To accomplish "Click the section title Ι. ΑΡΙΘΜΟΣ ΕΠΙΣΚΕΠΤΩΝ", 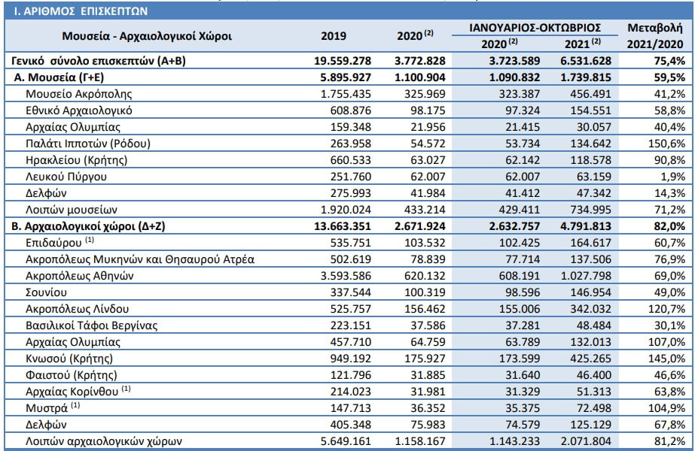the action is pos(81,11).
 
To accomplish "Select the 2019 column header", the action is pos(334,36).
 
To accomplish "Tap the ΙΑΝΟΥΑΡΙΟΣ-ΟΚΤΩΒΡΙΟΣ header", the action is pos(535,28).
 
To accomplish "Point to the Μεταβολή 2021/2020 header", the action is pos(655,35).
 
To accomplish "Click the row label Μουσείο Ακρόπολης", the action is pos(79,94).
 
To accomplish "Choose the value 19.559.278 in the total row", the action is pos(343,61).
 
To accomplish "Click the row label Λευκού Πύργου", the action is pos(66,177).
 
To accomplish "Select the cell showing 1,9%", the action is pos(672,177).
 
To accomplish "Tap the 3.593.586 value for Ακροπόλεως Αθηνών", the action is pos(346,276).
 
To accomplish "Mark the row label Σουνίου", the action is pos(46,292).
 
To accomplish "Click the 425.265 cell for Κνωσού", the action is pos(591,359).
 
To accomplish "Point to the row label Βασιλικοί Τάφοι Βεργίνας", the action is pos(92,325).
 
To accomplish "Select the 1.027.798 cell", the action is pos(586,276).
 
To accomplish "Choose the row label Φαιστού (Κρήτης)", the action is pos(72,375).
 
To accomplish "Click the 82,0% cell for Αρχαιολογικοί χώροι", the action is pos(669,226).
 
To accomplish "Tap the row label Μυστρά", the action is pos(47,408).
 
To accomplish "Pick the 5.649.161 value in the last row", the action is pos(346,441).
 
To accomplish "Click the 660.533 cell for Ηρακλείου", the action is pos(351,160).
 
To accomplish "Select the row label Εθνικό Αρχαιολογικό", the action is pos(79,110).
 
